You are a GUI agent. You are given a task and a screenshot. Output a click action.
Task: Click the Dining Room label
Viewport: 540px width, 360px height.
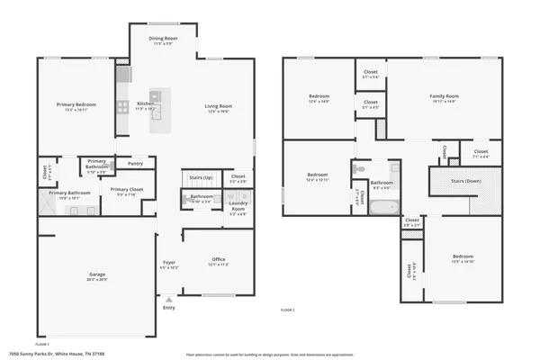[x=163, y=39]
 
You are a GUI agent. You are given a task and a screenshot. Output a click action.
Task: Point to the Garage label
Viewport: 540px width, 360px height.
[x=97, y=274]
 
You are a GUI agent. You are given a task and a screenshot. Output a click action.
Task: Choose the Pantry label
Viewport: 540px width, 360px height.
[x=135, y=164]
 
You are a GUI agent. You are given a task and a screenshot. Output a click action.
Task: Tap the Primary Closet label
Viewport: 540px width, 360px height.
[x=126, y=190]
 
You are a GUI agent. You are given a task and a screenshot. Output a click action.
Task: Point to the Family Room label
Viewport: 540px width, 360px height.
[x=444, y=96]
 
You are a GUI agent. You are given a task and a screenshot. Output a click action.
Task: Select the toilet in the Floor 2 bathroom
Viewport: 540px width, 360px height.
[x=359, y=167]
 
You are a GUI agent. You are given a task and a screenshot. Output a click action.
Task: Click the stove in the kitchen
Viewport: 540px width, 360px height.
[x=123, y=105]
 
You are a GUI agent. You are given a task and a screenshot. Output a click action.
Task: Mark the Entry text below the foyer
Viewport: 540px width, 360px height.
[x=169, y=308]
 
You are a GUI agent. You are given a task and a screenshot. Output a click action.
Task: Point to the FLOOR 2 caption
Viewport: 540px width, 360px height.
[x=288, y=310]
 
